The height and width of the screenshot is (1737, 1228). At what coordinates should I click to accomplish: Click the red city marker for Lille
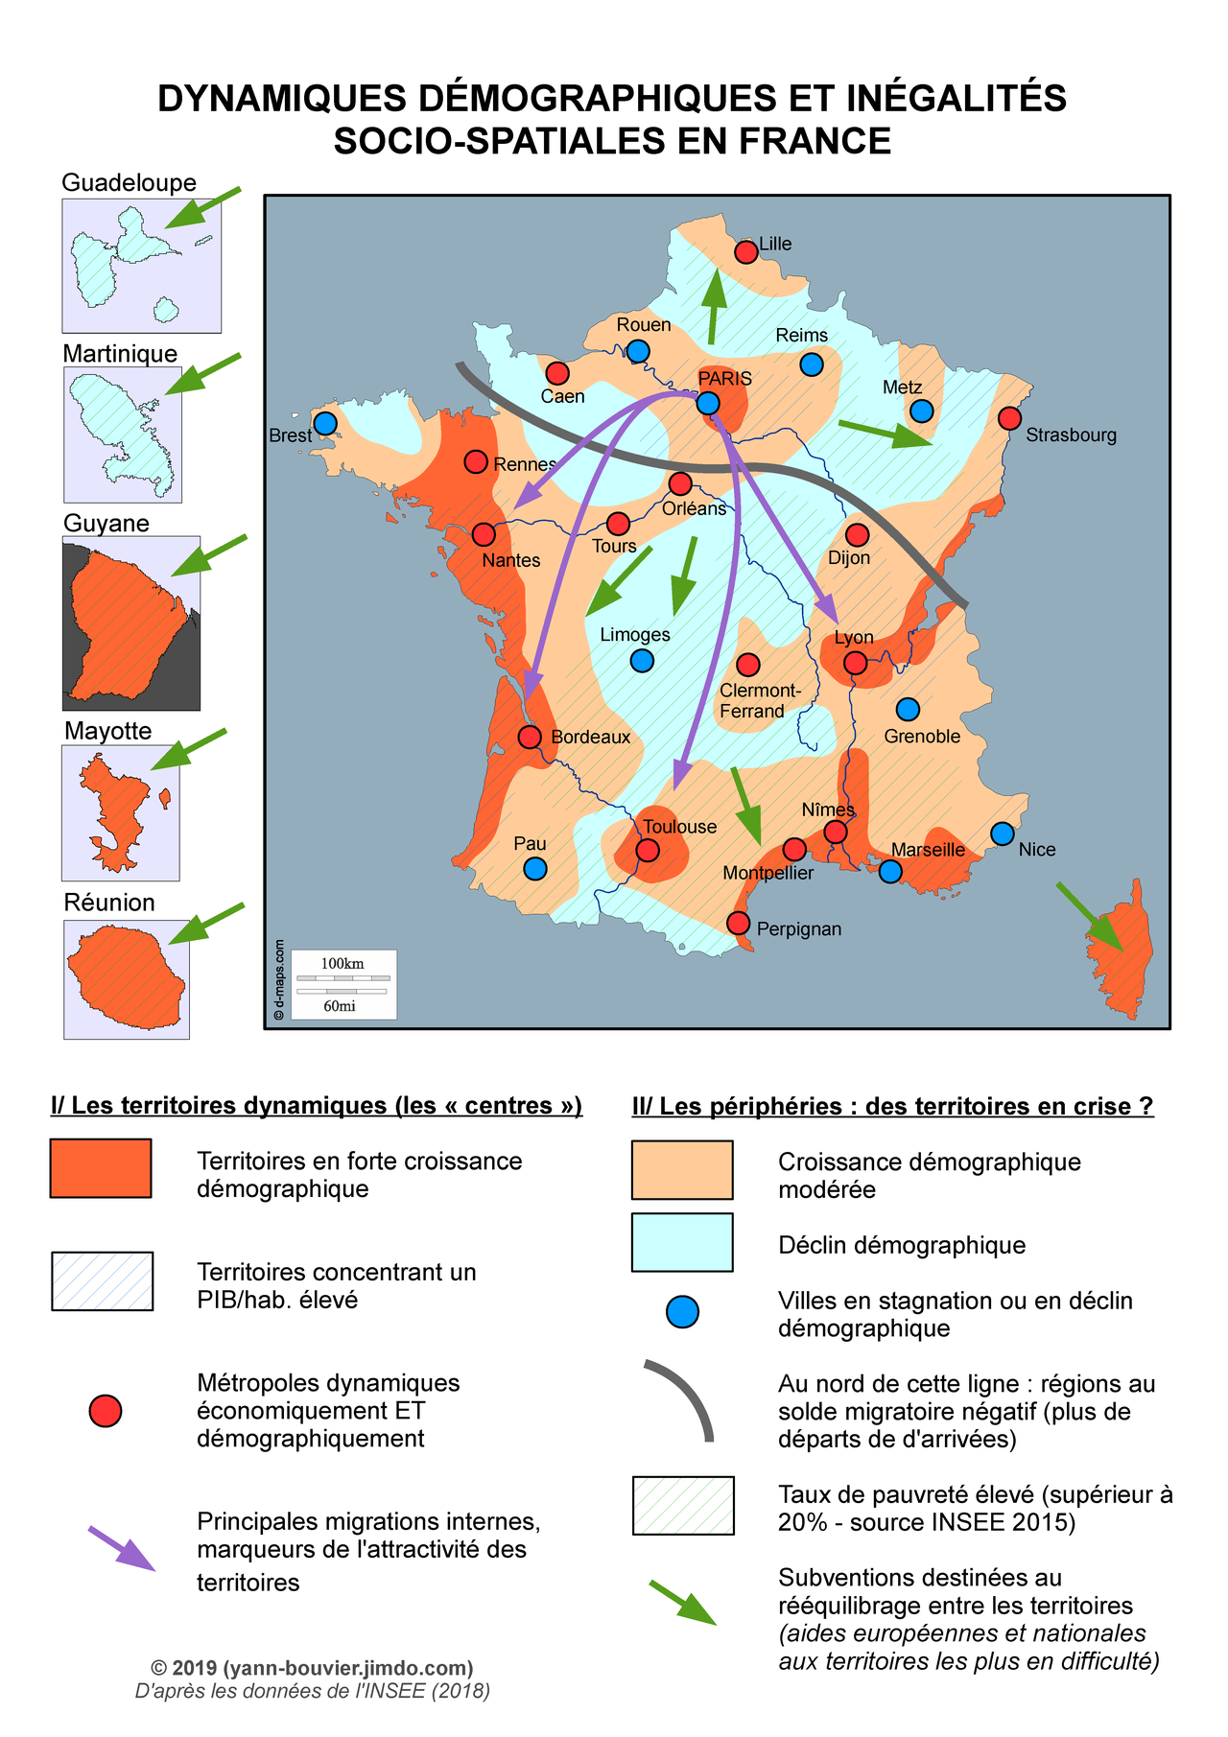tap(745, 252)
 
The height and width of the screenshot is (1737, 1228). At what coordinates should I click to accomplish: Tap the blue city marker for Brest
tap(325, 423)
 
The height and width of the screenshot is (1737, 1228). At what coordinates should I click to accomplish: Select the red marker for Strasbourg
tap(1009, 418)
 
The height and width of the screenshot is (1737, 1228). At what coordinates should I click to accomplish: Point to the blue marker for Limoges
tap(642, 661)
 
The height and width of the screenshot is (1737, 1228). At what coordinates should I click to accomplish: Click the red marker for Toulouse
tap(649, 850)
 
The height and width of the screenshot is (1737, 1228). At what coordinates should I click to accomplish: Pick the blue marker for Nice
tap(1002, 833)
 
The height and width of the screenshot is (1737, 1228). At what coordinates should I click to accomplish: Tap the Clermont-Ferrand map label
tap(759, 701)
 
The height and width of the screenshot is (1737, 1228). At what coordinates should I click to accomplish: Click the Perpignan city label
tap(798, 928)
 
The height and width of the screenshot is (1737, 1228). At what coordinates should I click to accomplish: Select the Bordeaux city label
tap(590, 737)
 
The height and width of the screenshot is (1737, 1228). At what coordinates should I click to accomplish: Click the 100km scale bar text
tap(342, 963)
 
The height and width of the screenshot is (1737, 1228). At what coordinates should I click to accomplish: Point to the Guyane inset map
tap(131, 623)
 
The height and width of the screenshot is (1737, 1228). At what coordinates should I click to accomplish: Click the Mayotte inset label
tap(107, 731)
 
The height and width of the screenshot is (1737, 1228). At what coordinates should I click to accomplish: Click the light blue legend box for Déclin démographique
tap(682, 1242)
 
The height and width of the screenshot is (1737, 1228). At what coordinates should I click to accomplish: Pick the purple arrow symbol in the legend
tap(122, 1548)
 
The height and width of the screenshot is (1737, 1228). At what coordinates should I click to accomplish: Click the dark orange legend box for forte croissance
tap(101, 1168)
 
